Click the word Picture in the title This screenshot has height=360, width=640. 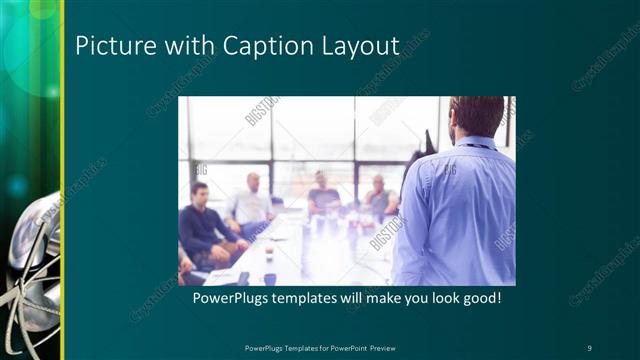(x=107, y=46)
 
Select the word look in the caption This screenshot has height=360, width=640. (x=435, y=299)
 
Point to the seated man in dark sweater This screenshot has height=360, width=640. (x=205, y=225)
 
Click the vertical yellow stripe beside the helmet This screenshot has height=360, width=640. (x=63, y=180)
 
